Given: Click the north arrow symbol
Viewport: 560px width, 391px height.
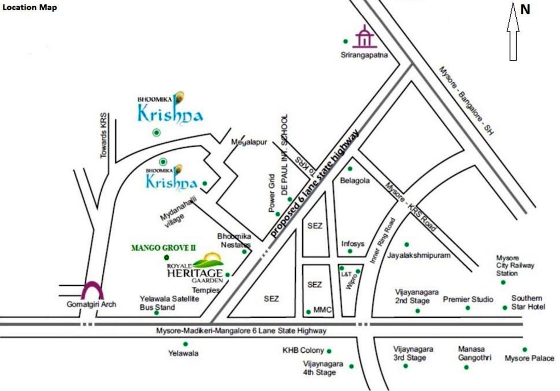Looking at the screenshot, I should pyautogui.click(x=513, y=33).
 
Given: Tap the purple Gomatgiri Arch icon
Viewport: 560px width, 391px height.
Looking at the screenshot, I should pyautogui.click(x=93, y=291).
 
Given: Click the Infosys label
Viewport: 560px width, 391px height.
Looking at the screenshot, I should pyautogui.click(x=353, y=243).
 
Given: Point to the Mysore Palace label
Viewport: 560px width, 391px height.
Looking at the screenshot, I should pyautogui.click(x=529, y=358).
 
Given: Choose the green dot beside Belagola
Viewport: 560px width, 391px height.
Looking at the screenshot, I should pyautogui.click(x=350, y=169).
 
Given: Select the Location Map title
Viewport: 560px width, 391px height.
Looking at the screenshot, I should pyautogui.click(x=30, y=8).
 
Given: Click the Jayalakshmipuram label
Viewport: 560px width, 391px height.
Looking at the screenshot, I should pyautogui.click(x=419, y=255).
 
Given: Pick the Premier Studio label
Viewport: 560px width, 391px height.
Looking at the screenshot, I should pyautogui.click(x=468, y=299).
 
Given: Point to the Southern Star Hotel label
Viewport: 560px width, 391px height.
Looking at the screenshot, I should pyautogui.click(x=528, y=302).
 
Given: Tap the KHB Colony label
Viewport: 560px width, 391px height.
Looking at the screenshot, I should pyautogui.click(x=303, y=350).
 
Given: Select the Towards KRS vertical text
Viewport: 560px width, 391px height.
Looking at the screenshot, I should pyautogui.click(x=104, y=135).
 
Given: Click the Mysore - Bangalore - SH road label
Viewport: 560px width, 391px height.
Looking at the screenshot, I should pyautogui.click(x=466, y=101).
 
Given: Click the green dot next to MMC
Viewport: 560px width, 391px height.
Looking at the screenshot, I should pyautogui.click(x=308, y=312).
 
